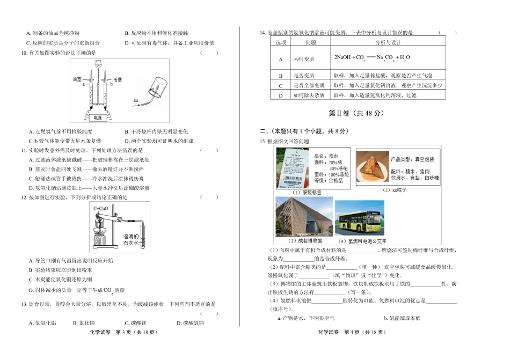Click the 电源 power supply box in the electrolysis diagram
click(x=97, y=117)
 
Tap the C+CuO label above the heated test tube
click(x=101, y=208)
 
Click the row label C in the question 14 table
click(x=280, y=85)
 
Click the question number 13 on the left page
click(x=24, y=304)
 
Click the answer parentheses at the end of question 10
click(x=209, y=53)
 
